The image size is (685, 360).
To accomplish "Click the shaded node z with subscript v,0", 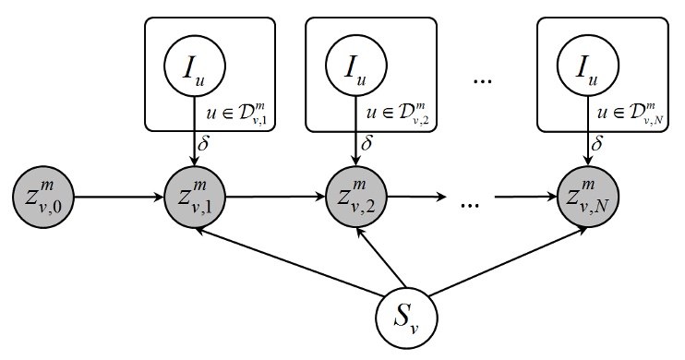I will click(x=39, y=197).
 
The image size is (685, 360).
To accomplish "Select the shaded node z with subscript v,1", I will click(x=193, y=197).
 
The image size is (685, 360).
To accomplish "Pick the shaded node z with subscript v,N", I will click(x=587, y=197).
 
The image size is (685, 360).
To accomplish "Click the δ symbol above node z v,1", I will click(x=205, y=146).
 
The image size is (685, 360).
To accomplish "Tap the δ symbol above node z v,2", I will click(x=367, y=146).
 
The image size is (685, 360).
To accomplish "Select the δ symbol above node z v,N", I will click(x=599, y=146).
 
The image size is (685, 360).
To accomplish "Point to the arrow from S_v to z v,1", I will click(x=295, y=261).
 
